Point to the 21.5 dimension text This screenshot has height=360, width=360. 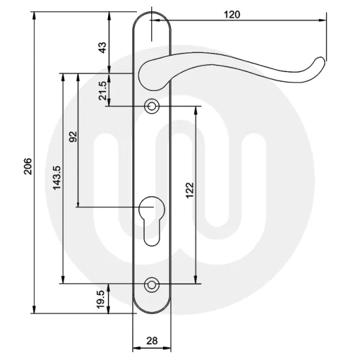[x=102, y=90]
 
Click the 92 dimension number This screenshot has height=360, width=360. [x=73, y=137]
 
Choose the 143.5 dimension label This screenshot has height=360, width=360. [x=57, y=177]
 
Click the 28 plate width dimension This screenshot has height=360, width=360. [x=152, y=340]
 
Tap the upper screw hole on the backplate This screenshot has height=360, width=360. [x=153, y=105]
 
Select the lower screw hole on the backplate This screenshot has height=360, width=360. [x=153, y=284]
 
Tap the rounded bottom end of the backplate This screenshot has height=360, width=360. [x=152, y=308]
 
